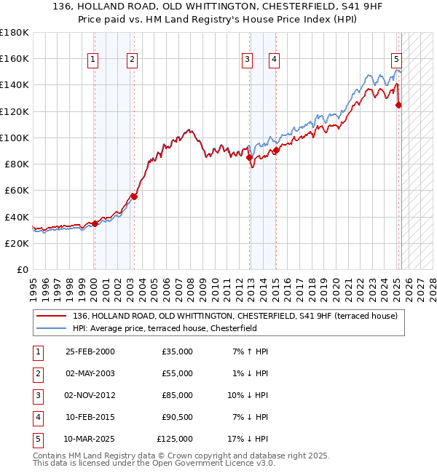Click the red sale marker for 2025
[x=398, y=105]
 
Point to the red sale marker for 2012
[x=249, y=157]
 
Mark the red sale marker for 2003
[x=134, y=196]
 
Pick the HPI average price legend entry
[x=165, y=328]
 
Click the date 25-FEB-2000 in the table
[x=90, y=351]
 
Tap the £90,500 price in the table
[x=177, y=417]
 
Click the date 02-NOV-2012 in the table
[x=90, y=395]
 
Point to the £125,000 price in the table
[x=175, y=439]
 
